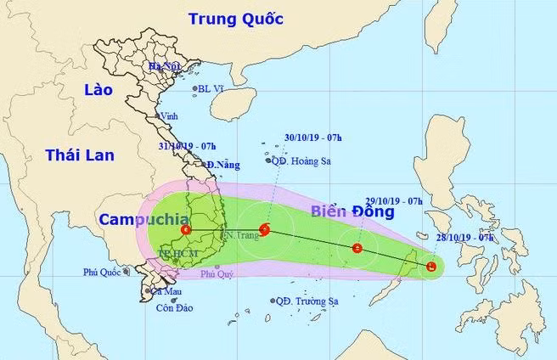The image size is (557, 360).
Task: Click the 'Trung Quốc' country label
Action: [x=236, y=19]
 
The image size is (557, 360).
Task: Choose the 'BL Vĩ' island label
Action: [x=213, y=88]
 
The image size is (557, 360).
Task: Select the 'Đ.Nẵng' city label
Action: [x=222, y=164]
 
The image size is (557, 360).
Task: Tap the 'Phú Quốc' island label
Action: [x=103, y=273]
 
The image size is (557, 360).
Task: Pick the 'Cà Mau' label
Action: [x=166, y=291]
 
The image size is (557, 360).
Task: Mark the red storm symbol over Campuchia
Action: [x=186, y=229]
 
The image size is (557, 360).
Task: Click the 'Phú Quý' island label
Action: [x=217, y=274]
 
